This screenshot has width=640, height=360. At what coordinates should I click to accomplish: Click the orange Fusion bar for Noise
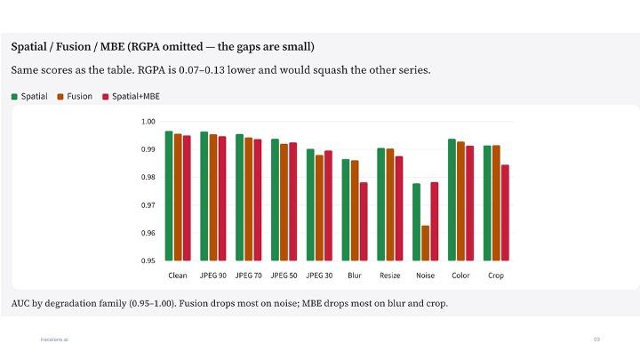point(425,243)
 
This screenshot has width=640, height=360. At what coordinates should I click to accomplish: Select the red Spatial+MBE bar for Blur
point(364,221)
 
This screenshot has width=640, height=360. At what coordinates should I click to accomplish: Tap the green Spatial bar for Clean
point(169,196)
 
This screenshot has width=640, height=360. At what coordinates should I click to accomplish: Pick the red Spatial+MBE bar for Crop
point(505,212)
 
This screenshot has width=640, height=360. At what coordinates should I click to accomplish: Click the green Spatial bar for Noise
point(416,222)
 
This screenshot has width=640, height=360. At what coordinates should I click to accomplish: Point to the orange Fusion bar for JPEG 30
point(319,208)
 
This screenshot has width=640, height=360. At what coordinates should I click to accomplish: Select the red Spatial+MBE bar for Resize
point(399,208)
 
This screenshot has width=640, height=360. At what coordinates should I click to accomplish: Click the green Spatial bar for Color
point(452,200)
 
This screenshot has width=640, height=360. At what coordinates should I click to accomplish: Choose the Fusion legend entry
point(75,96)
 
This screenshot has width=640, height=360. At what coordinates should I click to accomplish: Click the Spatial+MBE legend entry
point(131,96)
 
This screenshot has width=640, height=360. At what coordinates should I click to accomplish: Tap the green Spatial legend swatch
point(14,97)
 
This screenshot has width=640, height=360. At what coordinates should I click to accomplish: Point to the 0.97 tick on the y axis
point(148,205)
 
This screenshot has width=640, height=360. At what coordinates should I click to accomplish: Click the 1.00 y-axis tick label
point(148,122)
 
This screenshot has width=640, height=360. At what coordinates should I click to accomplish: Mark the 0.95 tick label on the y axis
point(148,260)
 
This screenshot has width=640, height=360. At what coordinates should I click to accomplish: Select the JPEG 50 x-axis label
point(284,276)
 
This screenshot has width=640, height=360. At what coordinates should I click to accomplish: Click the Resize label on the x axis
point(390,276)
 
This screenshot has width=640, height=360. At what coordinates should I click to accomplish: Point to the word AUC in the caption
point(20,303)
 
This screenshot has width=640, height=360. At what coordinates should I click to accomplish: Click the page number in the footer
point(596,340)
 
